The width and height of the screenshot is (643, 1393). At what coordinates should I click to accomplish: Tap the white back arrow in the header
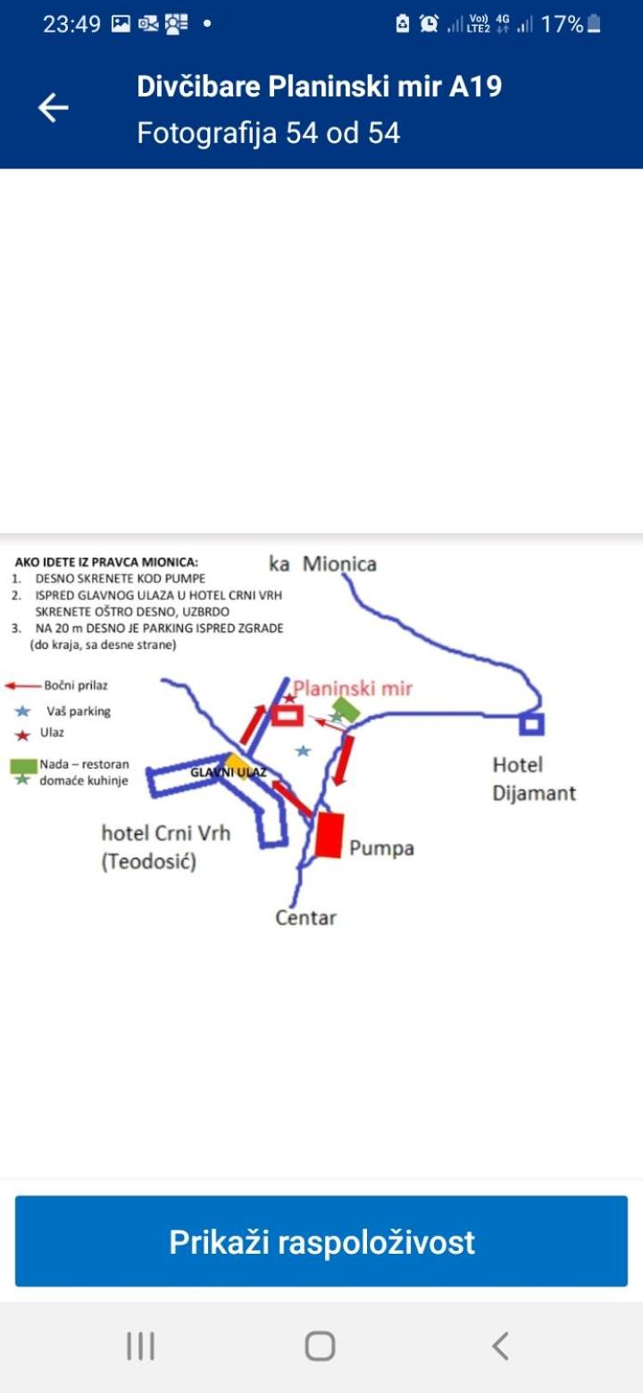point(53,107)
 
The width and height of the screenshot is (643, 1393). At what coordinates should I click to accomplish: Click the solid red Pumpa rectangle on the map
point(330,835)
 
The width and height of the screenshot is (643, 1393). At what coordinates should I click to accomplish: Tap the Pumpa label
point(381,848)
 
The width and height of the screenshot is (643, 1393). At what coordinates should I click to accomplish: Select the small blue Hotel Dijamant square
point(532,724)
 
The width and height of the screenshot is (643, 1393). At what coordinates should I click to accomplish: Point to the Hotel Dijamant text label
point(534,779)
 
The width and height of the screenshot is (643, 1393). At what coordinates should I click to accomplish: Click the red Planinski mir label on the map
point(353,688)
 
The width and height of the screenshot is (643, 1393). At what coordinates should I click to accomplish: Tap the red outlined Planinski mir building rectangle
point(288,716)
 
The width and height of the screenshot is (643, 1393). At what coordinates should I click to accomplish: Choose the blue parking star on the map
point(303,751)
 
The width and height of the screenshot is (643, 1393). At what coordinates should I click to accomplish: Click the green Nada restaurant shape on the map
point(345,710)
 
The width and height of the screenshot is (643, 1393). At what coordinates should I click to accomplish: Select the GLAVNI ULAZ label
point(229,772)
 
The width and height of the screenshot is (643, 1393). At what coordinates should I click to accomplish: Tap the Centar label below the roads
point(305,918)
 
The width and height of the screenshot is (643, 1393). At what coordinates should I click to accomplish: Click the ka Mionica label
point(322,564)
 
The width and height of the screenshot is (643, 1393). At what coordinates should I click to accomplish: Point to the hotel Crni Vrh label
point(166,847)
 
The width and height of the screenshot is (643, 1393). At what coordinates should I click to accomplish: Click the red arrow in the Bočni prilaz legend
point(23,686)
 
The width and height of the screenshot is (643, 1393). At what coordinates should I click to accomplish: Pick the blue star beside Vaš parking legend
point(22,711)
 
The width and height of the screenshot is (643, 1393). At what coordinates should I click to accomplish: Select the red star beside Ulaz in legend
point(22,736)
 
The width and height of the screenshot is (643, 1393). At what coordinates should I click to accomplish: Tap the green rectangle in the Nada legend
point(23,765)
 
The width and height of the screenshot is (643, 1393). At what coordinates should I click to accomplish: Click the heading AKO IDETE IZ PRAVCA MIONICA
point(106,563)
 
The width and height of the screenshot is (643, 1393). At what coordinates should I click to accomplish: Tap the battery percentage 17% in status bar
point(562,24)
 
